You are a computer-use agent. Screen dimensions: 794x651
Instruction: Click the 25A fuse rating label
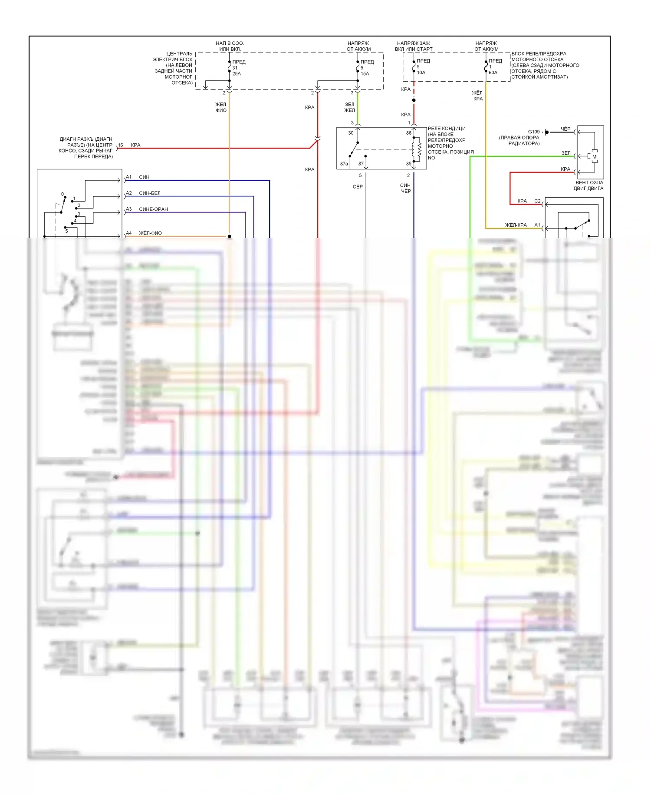tap(237, 74)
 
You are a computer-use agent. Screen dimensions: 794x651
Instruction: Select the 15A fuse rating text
tap(365, 74)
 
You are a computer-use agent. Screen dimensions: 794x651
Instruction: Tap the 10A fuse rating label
tap(421, 73)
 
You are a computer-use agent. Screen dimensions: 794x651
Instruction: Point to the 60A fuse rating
tap(493, 73)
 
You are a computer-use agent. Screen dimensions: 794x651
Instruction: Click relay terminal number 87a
tap(344, 164)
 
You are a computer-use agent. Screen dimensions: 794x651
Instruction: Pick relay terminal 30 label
tap(351, 133)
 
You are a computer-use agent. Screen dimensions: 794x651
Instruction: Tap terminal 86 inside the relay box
tap(408, 133)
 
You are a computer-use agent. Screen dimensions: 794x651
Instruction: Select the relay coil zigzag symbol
tap(419, 149)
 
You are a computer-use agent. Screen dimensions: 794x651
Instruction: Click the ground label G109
tap(534, 132)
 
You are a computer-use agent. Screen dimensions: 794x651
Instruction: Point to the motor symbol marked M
tap(594, 157)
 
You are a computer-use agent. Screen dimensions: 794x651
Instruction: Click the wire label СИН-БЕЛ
tap(150, 193)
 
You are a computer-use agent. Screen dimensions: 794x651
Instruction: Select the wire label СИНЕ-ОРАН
tap(153, 209)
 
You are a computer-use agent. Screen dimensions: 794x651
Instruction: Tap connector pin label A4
tap(128, 233)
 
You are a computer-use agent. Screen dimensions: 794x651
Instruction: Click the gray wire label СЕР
tap(358, 187)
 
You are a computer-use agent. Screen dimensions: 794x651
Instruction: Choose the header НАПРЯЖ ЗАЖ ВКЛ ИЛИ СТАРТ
tap(414, 46)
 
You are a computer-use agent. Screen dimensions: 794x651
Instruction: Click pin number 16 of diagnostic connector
tap(121, 145)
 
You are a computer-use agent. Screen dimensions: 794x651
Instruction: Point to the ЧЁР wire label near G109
tap(565, 129)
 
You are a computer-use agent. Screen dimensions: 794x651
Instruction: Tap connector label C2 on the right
tap(537, 201)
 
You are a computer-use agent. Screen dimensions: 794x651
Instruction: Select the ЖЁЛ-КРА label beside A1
tap(516, 225)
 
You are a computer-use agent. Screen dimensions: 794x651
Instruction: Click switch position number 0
tap(62, 194)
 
